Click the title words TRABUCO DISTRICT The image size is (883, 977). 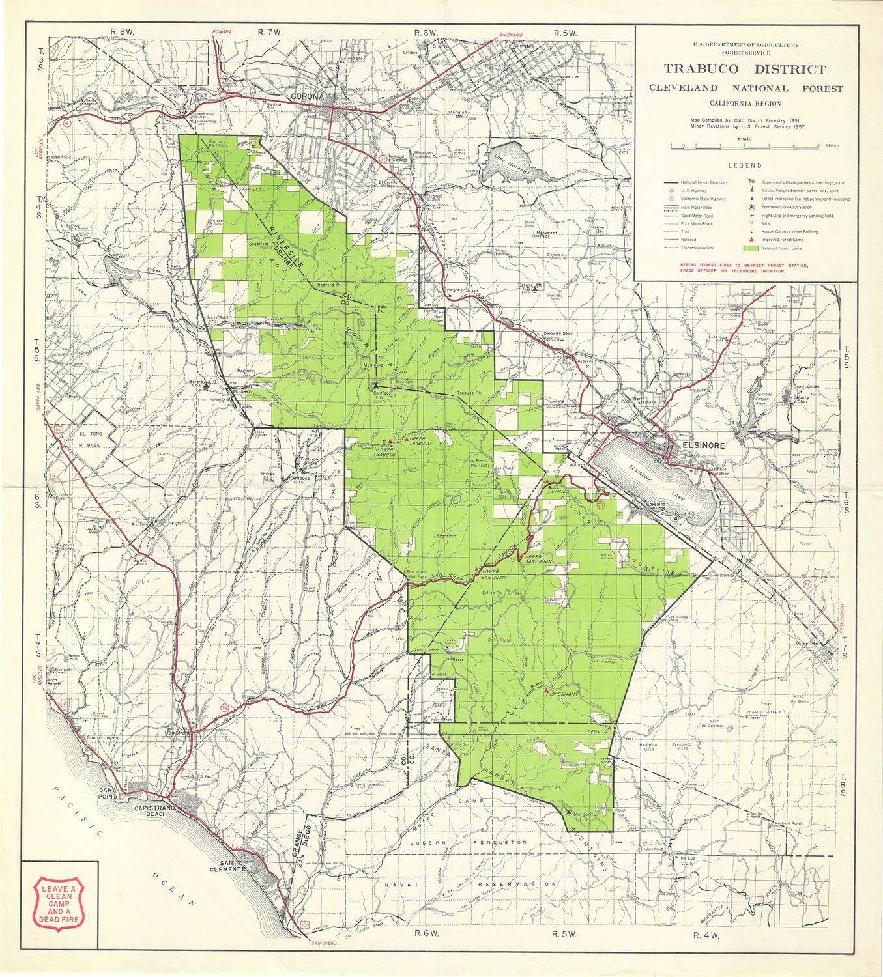(x=745, y=69)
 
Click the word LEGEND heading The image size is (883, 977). (x=745, y=165)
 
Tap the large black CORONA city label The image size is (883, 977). (x=307, y=97)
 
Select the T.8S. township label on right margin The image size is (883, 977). (x=845, y=782)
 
